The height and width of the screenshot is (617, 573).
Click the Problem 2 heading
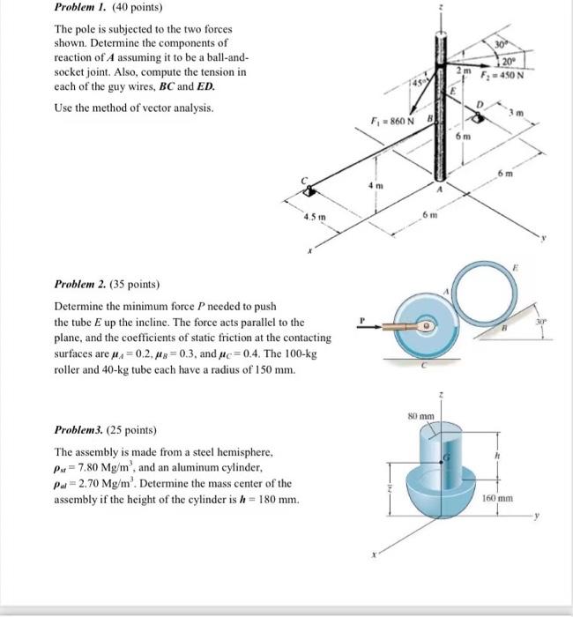[85, 286]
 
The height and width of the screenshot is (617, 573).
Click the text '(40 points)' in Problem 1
[131, 10]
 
